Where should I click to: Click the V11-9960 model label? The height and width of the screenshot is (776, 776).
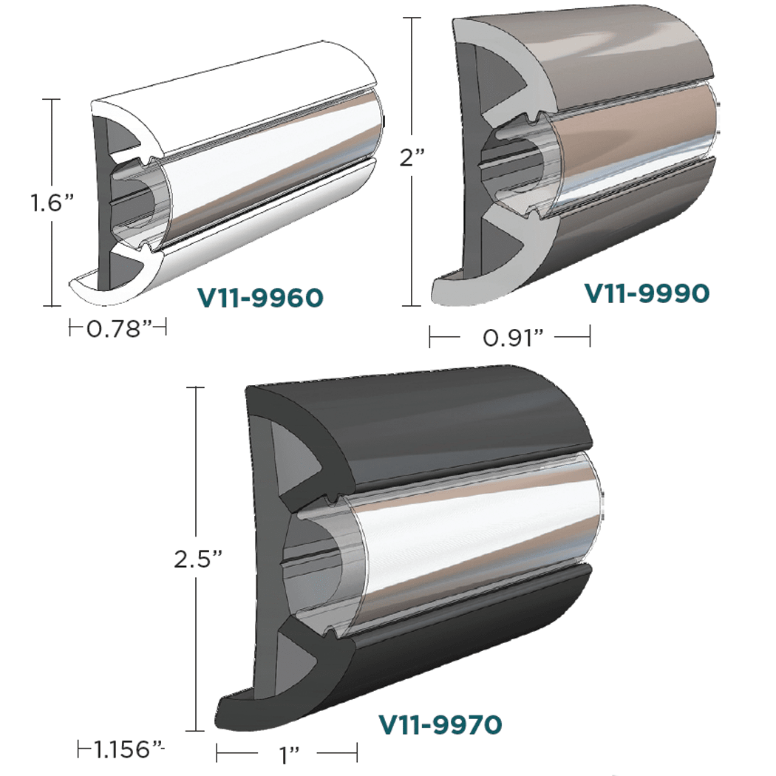tap(260, 298)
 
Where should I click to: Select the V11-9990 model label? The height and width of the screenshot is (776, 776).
tap(647, 293)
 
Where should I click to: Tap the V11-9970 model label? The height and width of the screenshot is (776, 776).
tap(441, 724)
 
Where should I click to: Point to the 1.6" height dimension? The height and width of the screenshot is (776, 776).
tap(26, 202)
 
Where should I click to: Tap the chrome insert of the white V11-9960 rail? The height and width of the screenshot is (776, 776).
tap(273, 185)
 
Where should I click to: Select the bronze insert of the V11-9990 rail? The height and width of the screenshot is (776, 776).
tap(636, 148)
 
